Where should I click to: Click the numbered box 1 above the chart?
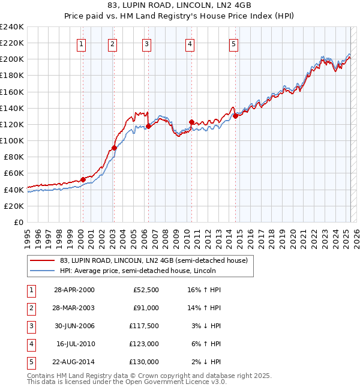pos(81,43)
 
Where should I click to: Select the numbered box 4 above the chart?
pos(190,43)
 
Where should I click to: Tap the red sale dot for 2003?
pos(114,148)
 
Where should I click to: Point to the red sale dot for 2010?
pos(191,122)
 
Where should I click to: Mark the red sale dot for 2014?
pos(236,116)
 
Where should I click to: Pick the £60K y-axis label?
pos(14,173)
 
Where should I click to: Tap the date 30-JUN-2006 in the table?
pos(74,326)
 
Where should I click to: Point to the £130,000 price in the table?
pos(144,362)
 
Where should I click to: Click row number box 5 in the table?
pos(31,362)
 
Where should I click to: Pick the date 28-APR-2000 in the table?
pos(74,290)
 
